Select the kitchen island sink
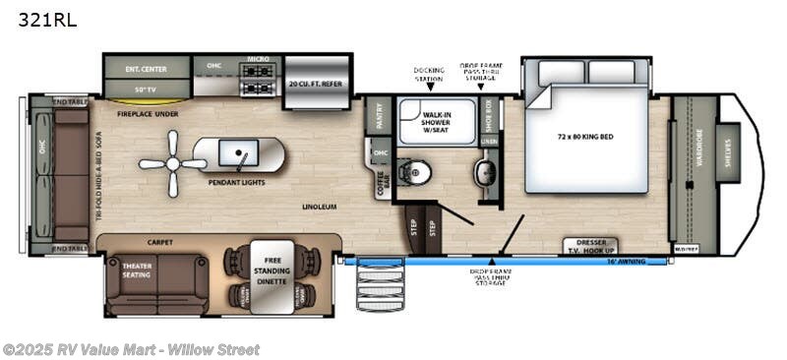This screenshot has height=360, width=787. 239,153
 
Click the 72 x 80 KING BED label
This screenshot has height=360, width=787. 584,136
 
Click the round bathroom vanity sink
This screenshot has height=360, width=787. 487,174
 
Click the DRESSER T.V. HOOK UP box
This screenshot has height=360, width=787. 590,245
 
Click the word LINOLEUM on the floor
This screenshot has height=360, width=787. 321,207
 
